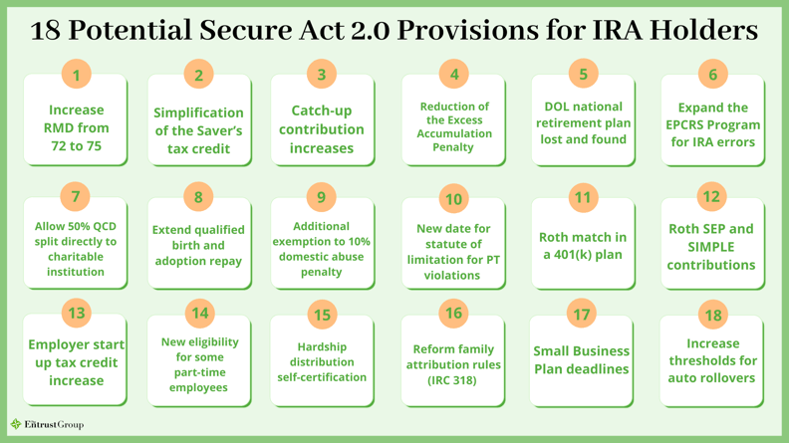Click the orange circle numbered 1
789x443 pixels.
[x=76, y=75]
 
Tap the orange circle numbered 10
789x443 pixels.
[x=453, y=199]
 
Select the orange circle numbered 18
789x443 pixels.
[x=713, y=315]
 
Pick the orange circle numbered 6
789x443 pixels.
[x=713, y=74]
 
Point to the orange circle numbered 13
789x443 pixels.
[x=76, y=313]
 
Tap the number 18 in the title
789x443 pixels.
[x=45, y=30]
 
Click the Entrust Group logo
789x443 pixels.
[x=47, y=425]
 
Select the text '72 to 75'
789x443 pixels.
[x=76, y=145]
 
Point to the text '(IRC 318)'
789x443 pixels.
[x=452, y=380]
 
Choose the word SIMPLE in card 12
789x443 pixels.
[x=711, y=247]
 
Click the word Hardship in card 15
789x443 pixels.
[x=322, y=347]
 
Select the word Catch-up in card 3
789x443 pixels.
[x=322, y=111]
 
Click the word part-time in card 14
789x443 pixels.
[x=200, y=372]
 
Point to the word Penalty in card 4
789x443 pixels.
[x=453, y=147]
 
